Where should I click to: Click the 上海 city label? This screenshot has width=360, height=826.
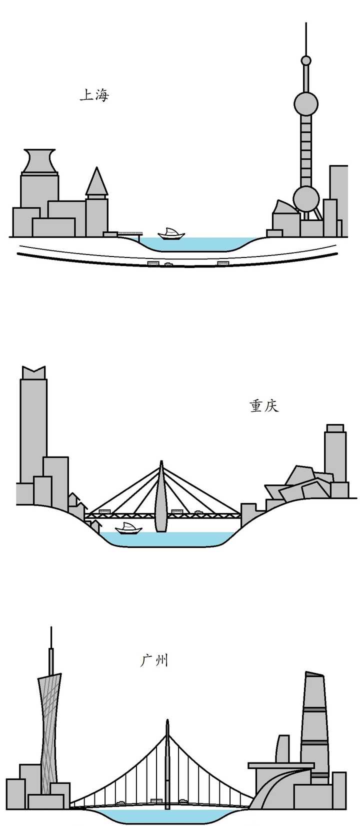[x=94, y=94]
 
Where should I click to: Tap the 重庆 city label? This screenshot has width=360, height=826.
[x=263, y=405]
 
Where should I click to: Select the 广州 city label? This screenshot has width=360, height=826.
[x=154, y=660]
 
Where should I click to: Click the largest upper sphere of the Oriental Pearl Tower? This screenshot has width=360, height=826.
[x=305, y=103]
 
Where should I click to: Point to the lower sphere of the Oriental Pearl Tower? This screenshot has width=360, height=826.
[x=305, y=198]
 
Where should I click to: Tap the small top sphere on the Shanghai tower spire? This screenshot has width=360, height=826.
[x=305, y=61]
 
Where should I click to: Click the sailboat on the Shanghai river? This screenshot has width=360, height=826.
[x=171, y=233]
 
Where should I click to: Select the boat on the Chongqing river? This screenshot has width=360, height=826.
[x=128, y=528]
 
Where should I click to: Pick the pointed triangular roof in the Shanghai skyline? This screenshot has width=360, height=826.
[x=96, y=182]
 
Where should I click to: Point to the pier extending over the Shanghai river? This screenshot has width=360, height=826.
[x=129, y=233]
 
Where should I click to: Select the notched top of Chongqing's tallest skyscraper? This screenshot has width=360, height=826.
[x=33, y=372]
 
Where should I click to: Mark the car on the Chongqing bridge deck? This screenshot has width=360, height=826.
[x=198, y=512]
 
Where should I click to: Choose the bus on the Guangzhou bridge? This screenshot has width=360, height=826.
[x=156, y=800]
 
